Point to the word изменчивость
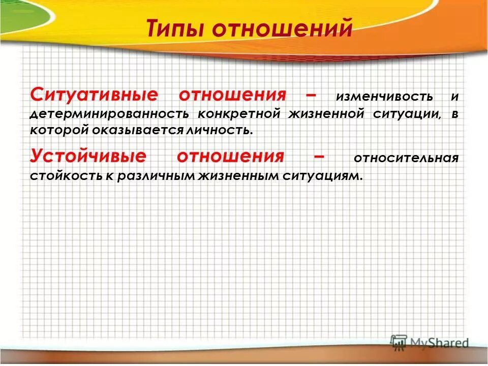pos(384,96)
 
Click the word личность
pos(222,130)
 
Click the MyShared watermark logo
pos(429,343)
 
